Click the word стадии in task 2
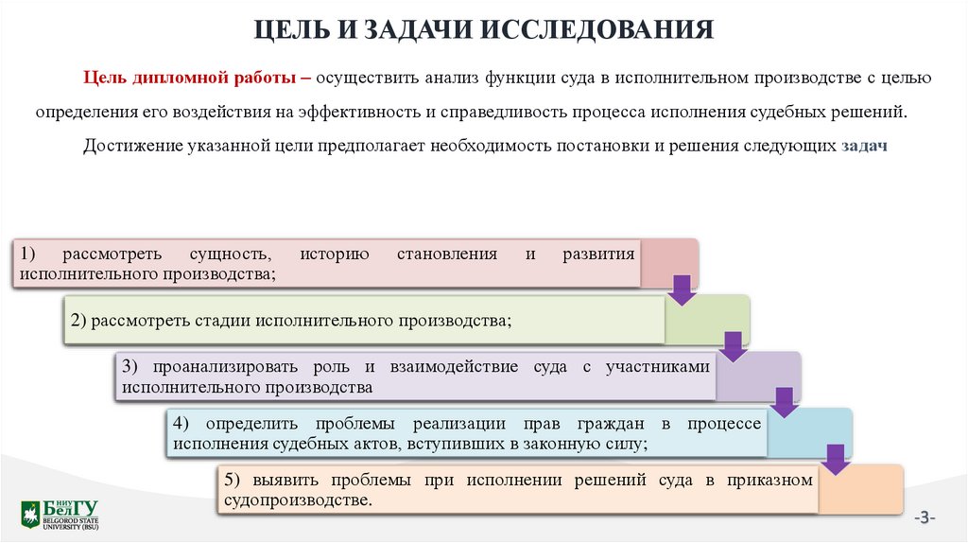[221, 320]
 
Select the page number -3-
[924, 517]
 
